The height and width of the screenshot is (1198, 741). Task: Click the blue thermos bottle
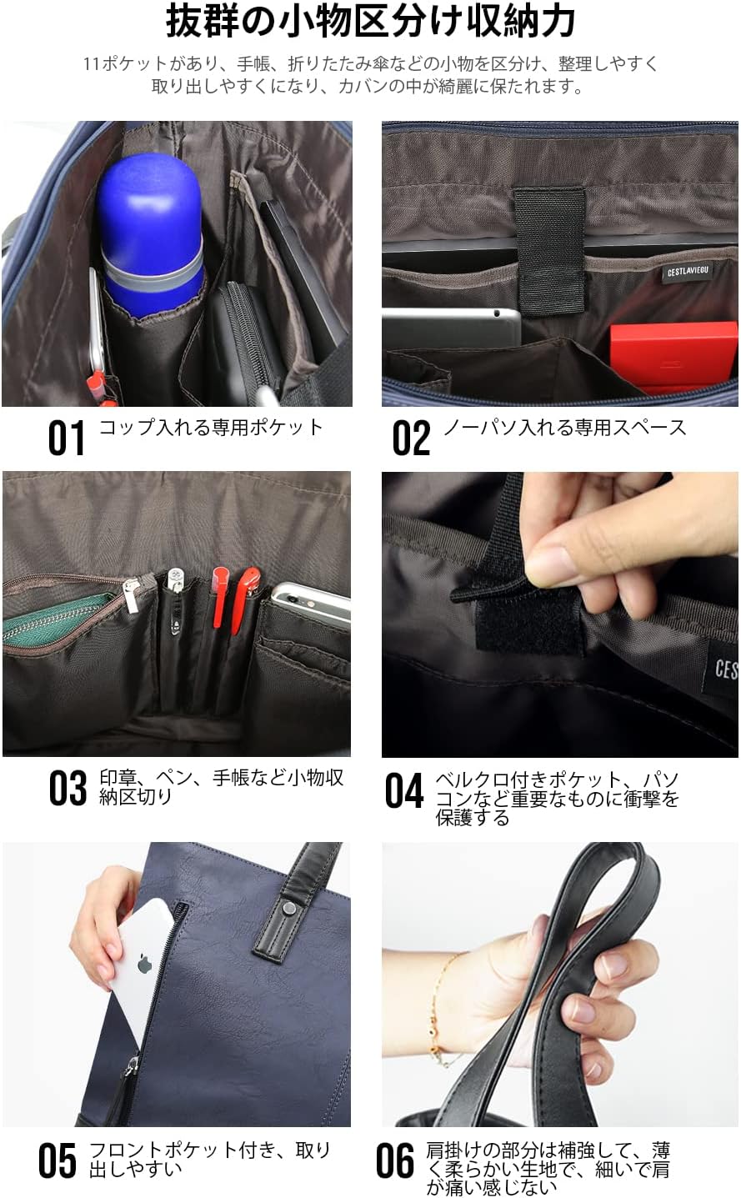point(152,235)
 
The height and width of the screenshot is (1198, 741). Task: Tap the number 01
point(67,438)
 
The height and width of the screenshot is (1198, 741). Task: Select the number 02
point(411,438)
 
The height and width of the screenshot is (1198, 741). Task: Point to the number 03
point(68,788)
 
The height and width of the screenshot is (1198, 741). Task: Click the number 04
point(404,790)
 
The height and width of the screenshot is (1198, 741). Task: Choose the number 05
point(58,1161)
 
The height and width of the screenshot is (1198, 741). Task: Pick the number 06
point(395,1161)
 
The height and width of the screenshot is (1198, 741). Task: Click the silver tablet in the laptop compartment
point(451,328)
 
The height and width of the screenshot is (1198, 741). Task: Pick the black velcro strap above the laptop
point(549,250)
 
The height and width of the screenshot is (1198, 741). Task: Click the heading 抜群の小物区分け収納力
point(370,22)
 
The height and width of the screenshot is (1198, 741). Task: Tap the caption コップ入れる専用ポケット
point(211,428)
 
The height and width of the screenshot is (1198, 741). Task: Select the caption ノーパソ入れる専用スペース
point(564,428)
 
